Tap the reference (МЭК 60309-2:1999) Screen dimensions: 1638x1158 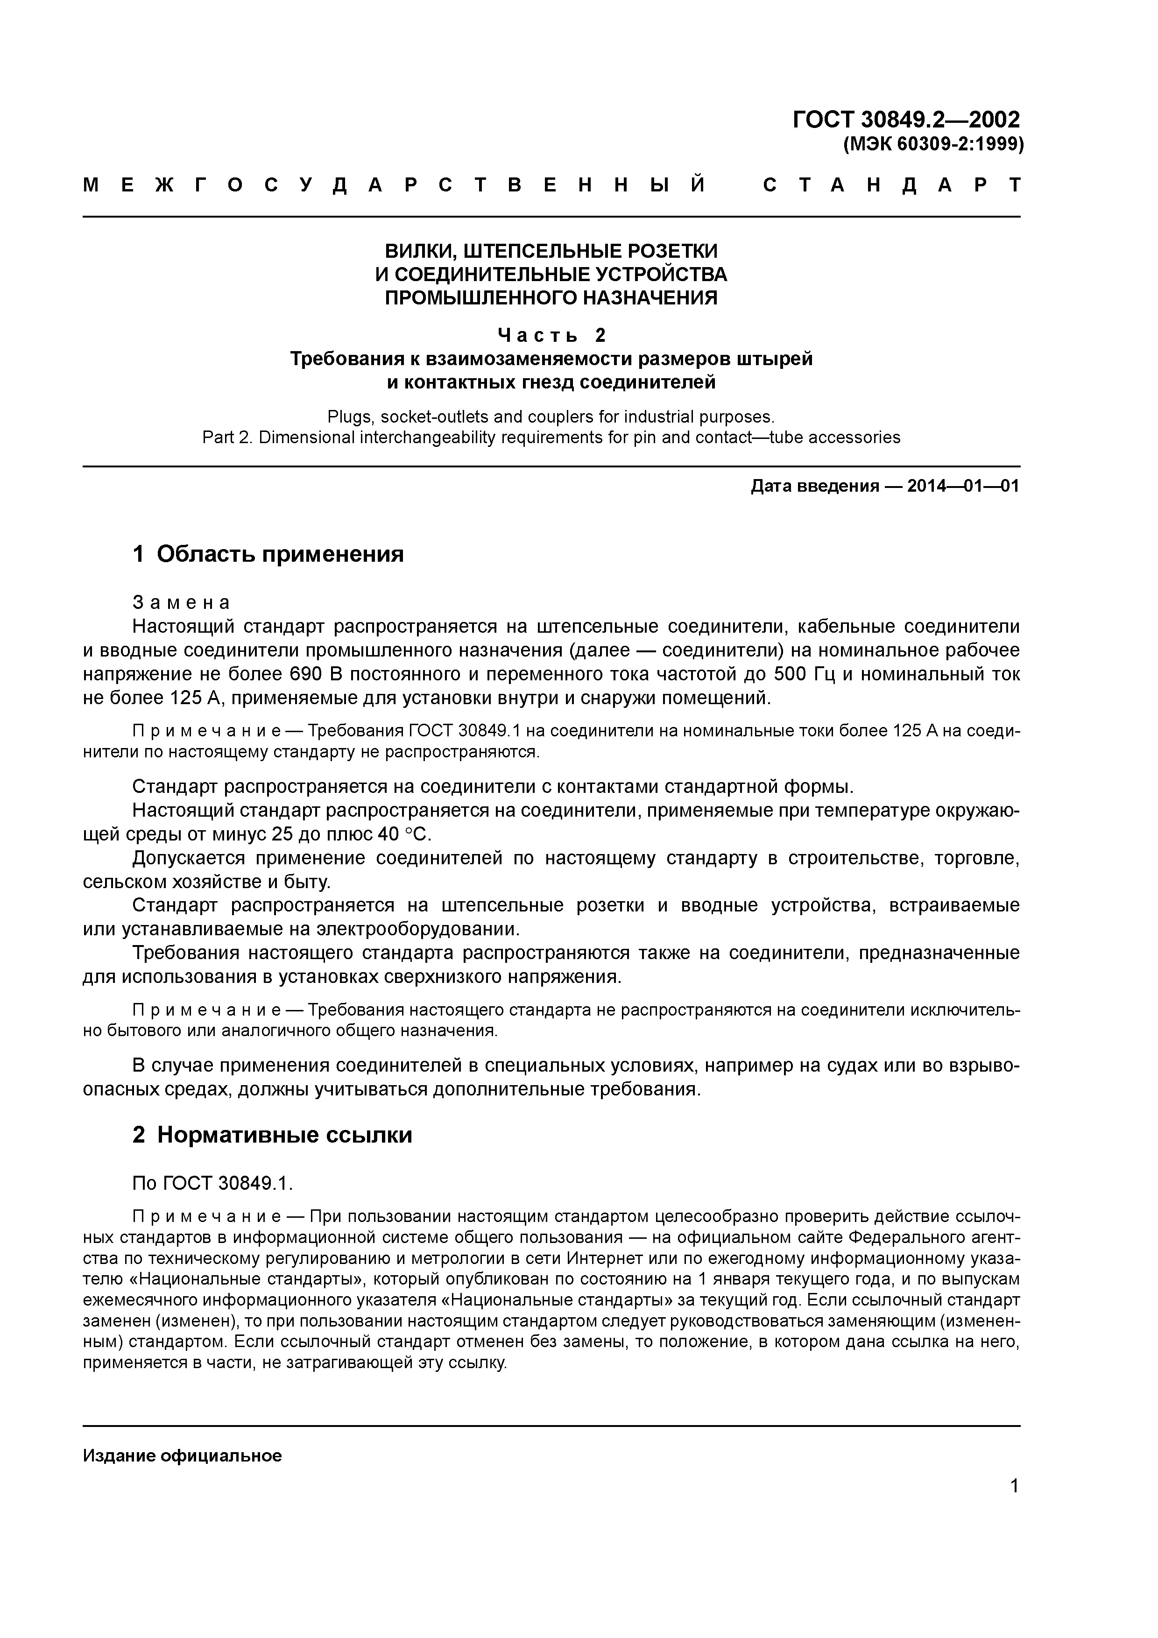pos(933,145)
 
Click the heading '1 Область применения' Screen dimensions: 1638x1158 pos(268,554)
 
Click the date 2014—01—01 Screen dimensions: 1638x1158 pos(963,487)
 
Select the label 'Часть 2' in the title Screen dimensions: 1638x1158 pos(551,335)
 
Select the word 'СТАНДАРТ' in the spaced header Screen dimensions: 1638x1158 pos(892,185)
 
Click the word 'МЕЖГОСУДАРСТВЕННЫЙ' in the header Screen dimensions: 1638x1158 pos(395,185)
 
